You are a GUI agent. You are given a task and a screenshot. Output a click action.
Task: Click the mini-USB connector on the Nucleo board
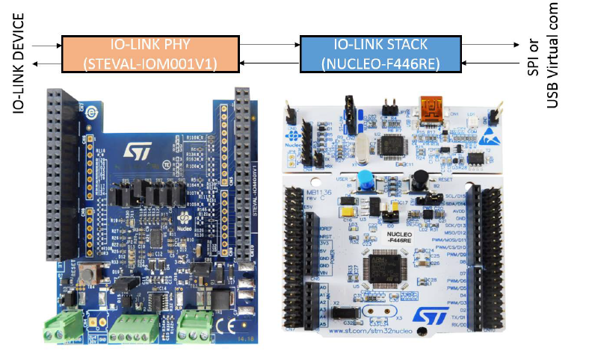pyautogui.click(x=431, y=111)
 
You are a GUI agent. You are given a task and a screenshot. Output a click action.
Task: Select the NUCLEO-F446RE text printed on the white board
pyautogui.click(x=403, y=237)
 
